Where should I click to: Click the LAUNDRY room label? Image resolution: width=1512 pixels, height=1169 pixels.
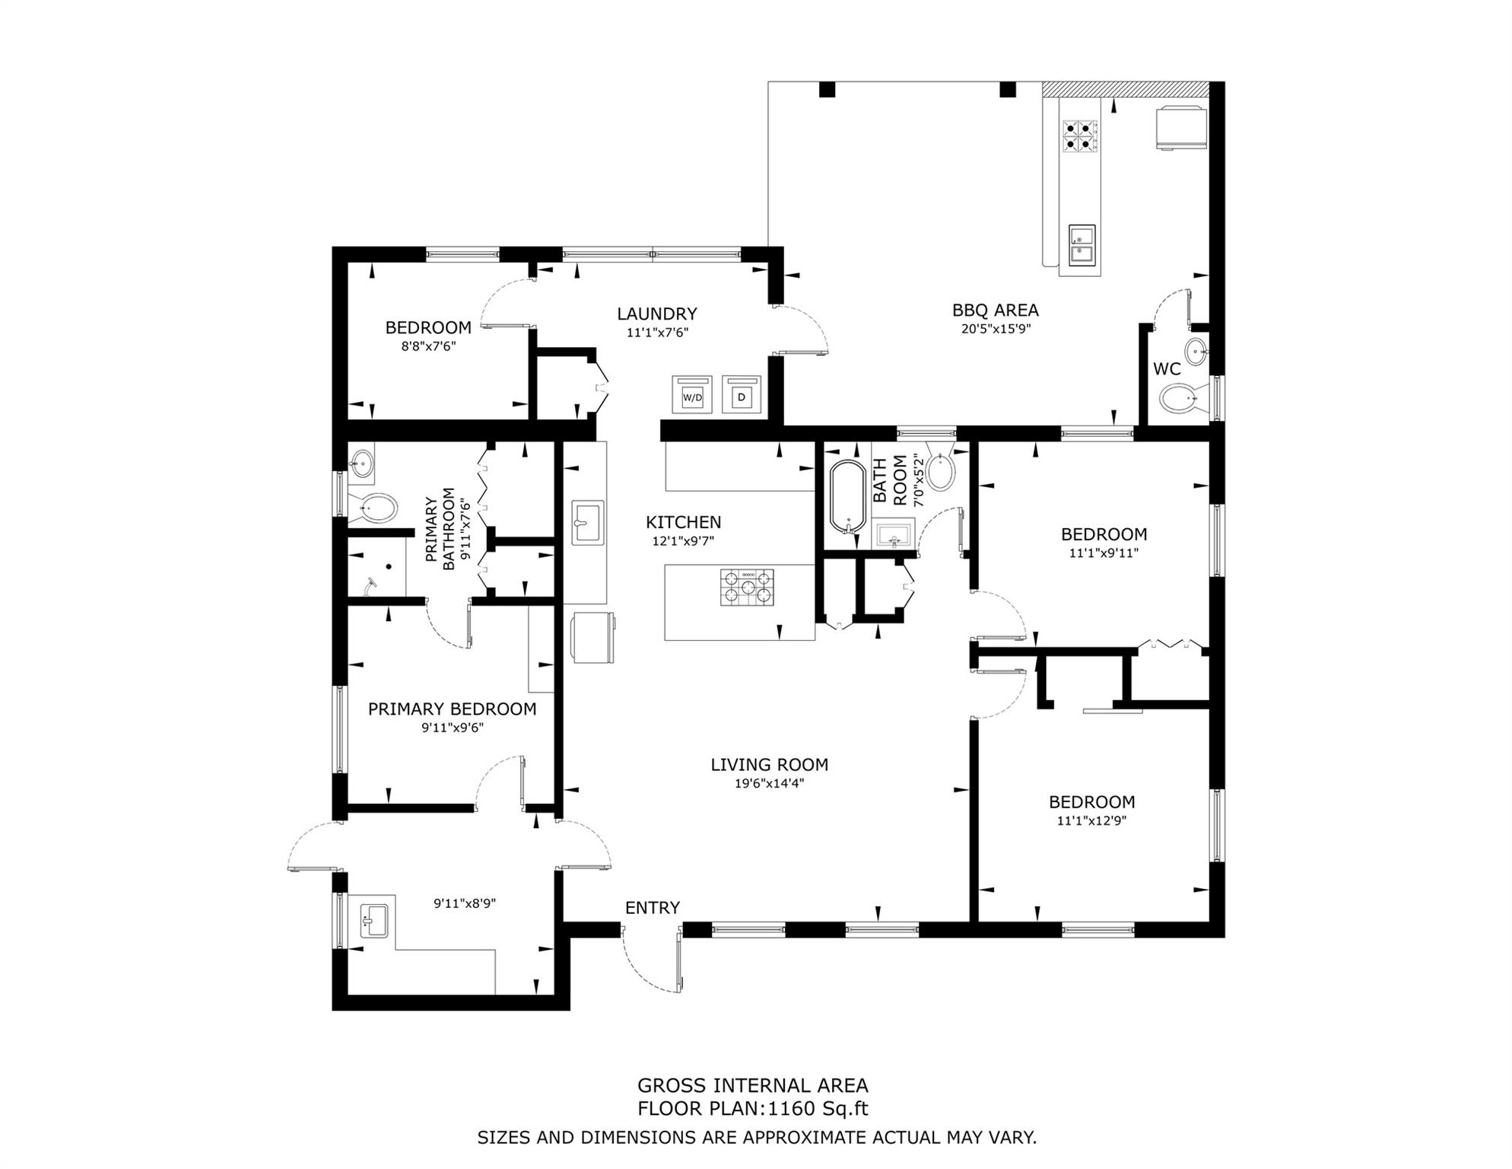click(x=657, y=314)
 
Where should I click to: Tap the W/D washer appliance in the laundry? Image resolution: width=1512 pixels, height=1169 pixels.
click(x=692, y=394)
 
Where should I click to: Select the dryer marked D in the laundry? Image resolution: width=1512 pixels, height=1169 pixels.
click(x=742, y=394)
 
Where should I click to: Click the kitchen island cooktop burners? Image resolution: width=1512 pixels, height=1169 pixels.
click(x=747, y=588)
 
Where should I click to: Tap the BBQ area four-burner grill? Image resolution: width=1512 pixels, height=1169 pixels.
click(x=1080, y=135)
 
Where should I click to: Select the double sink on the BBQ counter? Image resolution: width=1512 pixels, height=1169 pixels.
click(x=1082, y=244)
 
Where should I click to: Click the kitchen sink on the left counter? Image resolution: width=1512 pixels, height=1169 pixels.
click(x=588, y=522)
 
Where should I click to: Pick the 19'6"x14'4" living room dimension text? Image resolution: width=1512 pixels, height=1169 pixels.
click(x=770, y=783)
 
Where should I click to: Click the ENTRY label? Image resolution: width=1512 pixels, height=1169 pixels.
click(x=653, y=907)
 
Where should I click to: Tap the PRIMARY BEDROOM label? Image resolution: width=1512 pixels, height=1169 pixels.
click(x=453, y=709)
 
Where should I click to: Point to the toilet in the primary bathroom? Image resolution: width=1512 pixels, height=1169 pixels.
click(x=373, y=507)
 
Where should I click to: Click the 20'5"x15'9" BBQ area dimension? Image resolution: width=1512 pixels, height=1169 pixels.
click(x=996, y=329)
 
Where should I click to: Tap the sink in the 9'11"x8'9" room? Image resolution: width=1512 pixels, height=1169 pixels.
click(x=373, y=922)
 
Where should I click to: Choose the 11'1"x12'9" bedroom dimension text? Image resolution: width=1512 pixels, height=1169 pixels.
click(x=1091, y=820)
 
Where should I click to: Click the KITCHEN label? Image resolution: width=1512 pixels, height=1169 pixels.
click(x=684, y=522)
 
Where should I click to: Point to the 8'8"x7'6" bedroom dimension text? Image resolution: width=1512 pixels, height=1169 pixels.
click(x=428, y=346)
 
